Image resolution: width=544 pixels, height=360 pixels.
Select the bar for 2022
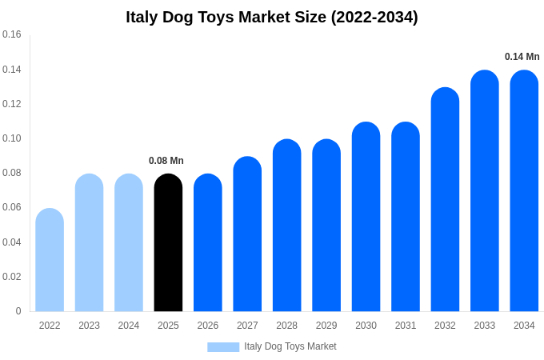pos(50,260)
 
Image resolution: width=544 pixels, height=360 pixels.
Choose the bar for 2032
pos(445,199)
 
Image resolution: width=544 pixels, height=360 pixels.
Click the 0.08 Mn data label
pos(166,161)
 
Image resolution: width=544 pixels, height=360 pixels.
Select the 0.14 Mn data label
pos(522,57)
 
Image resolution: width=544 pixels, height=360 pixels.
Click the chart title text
pos(272,17)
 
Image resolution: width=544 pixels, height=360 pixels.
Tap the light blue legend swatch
pos(223,347)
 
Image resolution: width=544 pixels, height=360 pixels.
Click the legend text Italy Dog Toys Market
pos(290,346)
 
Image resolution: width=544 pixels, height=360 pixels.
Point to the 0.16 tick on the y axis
pos(12,34)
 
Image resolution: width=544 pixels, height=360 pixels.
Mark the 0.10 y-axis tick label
pos(12,138)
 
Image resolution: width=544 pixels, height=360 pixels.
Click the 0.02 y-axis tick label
pos(12,277)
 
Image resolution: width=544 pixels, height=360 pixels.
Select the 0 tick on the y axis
pos(18,311)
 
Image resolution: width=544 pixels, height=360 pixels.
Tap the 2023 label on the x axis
pos(89,326)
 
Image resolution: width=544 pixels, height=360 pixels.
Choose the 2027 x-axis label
pos(247,326)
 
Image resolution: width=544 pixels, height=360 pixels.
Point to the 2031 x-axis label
pos(406,326)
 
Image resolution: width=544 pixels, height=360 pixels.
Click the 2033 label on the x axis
pos(485,326)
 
